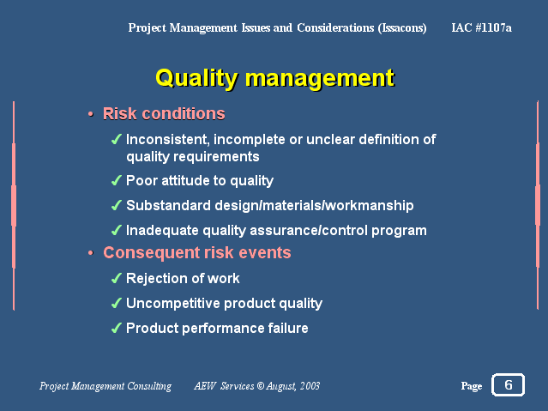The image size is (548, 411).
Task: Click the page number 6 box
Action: click(x=508, y=384)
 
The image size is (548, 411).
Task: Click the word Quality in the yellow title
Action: click(x=196, y=78)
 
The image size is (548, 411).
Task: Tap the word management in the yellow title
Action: click(x=320, y=78)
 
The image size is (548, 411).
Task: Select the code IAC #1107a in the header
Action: click(x=481, y=27)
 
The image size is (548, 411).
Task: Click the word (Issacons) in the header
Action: click(x=402, y=27)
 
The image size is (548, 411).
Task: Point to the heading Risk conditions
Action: click(x=164, y=113)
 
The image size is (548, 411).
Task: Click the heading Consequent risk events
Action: click(x=196, y=253)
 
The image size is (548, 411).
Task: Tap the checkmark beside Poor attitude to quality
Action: click(x=117, y=180)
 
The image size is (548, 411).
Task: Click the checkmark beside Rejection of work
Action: click(x=117, y=278)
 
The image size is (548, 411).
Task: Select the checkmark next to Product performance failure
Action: click(x=117, y=328)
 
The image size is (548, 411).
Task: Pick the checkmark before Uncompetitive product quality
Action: click(x=117, y=303)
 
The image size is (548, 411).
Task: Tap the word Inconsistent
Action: click(x=168, y=140)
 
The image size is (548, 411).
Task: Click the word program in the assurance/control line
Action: click(x=399, y=231)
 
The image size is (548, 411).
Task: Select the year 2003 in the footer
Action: click(x=310, y=386)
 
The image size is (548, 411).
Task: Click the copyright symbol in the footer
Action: click(x=261, y=386)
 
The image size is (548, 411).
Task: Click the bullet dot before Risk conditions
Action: click(x=91, y=114)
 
